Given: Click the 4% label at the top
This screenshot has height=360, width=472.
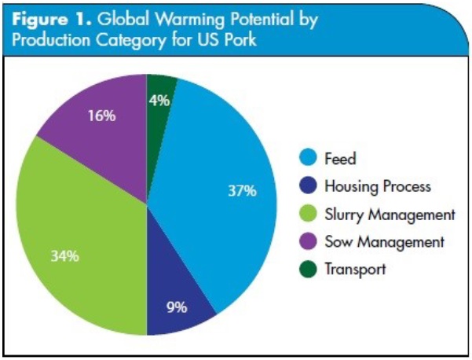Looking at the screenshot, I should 159,100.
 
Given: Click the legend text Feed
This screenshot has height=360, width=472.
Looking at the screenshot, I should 340,159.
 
